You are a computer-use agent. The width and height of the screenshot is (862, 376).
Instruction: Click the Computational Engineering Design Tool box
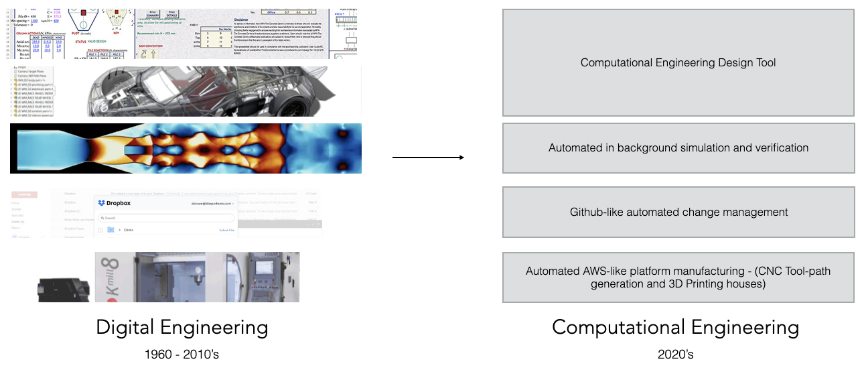678,63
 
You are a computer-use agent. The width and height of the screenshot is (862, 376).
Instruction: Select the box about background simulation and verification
678,148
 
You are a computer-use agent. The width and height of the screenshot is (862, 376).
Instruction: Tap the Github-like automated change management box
678,212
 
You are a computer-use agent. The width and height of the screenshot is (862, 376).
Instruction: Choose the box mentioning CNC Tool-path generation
678,277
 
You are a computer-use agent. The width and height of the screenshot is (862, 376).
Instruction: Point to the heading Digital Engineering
182,328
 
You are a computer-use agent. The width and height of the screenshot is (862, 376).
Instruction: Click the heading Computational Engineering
675,328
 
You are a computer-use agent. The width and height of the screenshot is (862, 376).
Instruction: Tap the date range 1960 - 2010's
182,354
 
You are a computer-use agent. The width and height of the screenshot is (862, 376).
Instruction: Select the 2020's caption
675,354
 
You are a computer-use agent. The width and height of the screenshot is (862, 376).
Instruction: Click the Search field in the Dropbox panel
167,218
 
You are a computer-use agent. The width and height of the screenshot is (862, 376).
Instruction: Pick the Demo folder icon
111,230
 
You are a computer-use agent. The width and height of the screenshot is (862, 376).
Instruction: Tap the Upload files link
227,230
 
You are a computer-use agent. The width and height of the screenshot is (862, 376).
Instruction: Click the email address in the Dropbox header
211,202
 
